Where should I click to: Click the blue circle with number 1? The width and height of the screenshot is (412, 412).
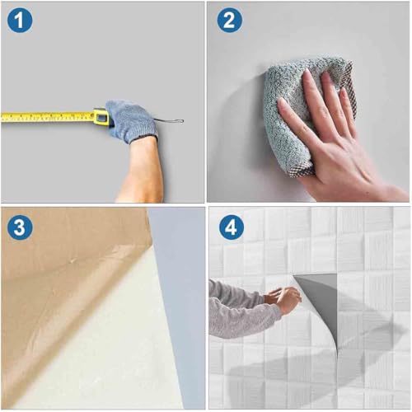(20, 20)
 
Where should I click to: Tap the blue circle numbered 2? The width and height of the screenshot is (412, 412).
(229, 20)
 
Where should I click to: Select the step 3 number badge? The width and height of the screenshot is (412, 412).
(20, 227)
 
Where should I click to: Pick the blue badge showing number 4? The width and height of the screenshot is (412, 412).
(232, 227)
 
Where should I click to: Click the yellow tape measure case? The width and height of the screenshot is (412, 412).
(101, 117)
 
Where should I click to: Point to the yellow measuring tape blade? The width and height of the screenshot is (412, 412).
(47, 117)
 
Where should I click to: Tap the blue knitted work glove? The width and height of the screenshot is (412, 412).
(130, 121)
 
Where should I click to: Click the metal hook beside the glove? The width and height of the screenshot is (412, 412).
(169, 121)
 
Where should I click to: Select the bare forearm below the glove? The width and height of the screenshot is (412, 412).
(143, 171)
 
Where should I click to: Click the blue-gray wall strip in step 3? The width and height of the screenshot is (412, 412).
(180, 302)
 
